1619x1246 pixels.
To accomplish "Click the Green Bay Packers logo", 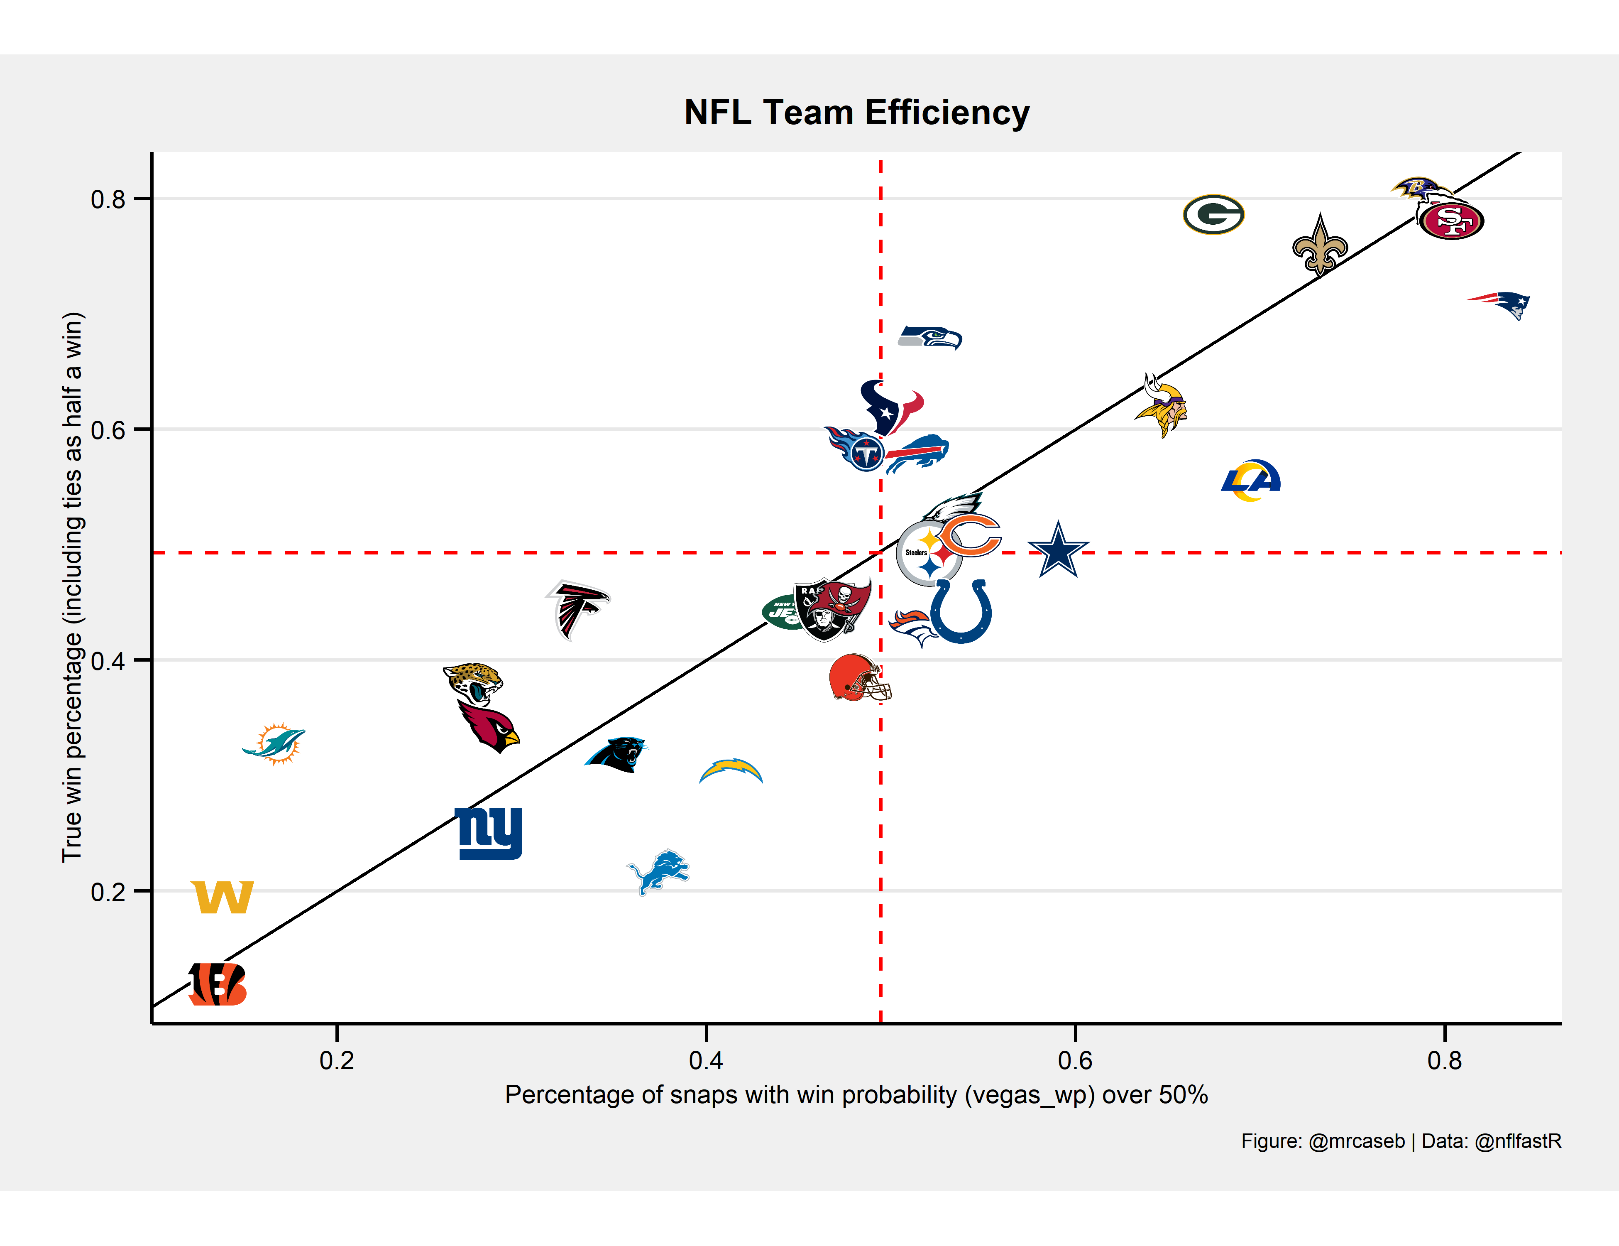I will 1213,214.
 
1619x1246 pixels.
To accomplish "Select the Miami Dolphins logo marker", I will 274,743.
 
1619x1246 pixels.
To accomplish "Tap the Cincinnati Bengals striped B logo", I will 217,984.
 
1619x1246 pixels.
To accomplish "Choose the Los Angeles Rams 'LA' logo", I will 1251,480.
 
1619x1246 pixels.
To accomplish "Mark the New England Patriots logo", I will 1500,304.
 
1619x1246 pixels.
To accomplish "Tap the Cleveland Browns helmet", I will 858,678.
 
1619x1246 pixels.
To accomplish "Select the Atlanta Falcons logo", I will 577,609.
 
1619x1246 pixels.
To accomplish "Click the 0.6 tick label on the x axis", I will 1075,1060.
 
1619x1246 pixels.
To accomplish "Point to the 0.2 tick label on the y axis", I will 108,891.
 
